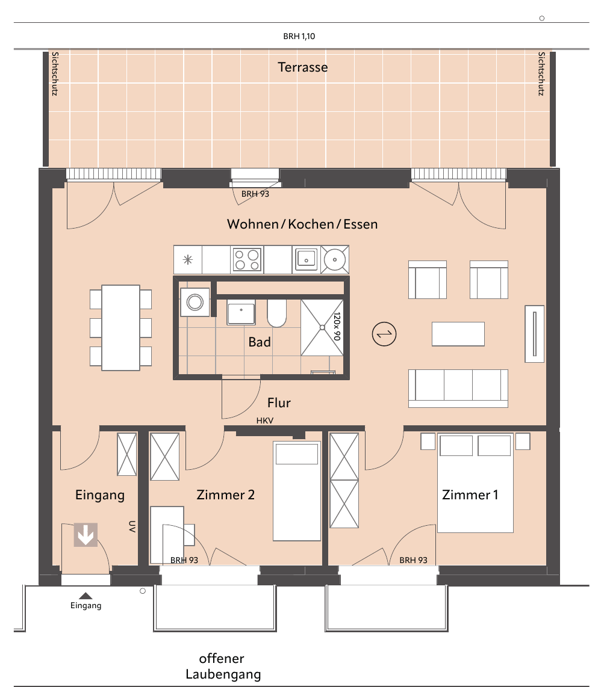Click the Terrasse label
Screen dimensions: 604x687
coord(303,67)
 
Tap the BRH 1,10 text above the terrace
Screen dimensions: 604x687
coord(299,36)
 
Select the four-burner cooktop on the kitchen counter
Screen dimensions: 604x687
coord(246,259)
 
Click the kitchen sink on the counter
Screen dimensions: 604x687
coord(306,259)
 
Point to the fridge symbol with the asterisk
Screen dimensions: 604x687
coord(188,260)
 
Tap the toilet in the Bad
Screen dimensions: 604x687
coord(277,313)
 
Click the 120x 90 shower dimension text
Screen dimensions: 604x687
coord(337,326)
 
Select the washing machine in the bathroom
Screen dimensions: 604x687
coord(195,302)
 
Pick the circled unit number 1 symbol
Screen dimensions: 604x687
coord(384,334)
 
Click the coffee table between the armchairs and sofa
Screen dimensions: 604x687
coord(458,334)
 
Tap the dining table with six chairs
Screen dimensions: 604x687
coord(120,328)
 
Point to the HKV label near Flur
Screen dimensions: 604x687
coord(265,421)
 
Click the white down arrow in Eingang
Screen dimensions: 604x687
coord(86,535)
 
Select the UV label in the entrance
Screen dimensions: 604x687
coord(132,526)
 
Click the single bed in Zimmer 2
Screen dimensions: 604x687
coord(297,491)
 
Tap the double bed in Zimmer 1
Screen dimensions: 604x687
coord(476,483)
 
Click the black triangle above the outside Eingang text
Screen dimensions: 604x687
coord(86,596)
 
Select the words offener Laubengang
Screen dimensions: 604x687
coord(223,667)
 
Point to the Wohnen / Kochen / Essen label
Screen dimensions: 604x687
coord(302,224)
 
